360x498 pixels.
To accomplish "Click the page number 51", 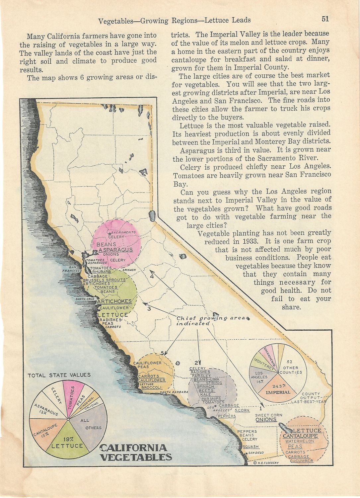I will [x=325, y=19].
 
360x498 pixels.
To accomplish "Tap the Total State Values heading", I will [x=59, y=375].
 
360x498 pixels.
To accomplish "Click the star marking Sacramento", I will [x=109, y=234].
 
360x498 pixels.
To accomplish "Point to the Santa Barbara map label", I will [x=174, y=392].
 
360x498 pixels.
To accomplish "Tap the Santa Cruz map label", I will [x=85, y=299].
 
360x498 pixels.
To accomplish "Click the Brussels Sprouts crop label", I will [x=104, y=280].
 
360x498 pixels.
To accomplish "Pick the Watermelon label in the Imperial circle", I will [x=300, y=441].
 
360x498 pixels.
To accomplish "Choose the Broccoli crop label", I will [x=152, y=387].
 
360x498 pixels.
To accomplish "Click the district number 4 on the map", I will [x=152, y=276].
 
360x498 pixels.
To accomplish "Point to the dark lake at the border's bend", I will [x=152, y=215].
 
